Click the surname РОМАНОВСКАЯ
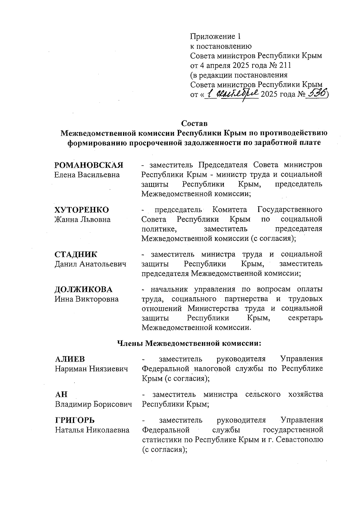click(x=89, y=165)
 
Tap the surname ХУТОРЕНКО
click(x=82, y=210)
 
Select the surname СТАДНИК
click(x=76, y=254)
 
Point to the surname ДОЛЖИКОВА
click(x=83, y=289)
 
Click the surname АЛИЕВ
click(x=70, y=359)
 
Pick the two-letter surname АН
click(x=61, y=394)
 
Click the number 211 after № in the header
click(x=285, y=65)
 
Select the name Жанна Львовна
click(x=82, y=220)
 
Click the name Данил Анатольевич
click(x=90, y=264)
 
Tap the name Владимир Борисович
click(x=93, y=404)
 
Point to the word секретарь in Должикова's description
click(x=305, y=318)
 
